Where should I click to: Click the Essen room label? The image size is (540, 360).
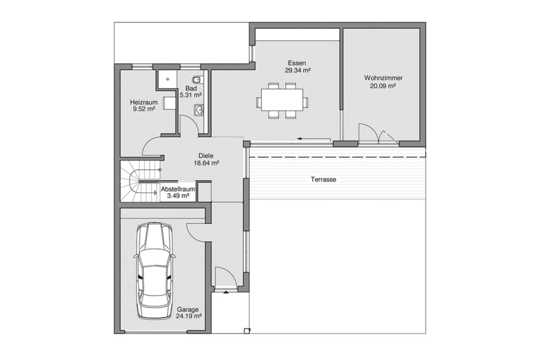(297, 63)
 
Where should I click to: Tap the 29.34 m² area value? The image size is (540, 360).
(298, 71)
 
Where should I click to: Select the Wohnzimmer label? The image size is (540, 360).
(383, 78)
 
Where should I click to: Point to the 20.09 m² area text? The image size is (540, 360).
(383, 86)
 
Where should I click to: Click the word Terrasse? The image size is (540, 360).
(323, 179)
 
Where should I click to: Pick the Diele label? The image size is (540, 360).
(206, 156)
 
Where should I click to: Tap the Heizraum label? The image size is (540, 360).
(144, 102)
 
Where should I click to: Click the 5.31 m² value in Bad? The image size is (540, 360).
(190, 95)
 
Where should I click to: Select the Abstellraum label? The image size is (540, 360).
(178, 189)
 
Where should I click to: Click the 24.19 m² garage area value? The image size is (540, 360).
(189, 316)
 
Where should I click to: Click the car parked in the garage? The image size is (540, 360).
(155, 271)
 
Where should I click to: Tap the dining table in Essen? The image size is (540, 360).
(282, 100)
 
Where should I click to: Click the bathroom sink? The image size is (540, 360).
(199, 110)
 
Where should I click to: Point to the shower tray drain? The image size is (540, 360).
(168, 79)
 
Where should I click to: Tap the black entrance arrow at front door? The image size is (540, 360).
(225, 292)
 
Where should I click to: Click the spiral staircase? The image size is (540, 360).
(140, 181)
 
